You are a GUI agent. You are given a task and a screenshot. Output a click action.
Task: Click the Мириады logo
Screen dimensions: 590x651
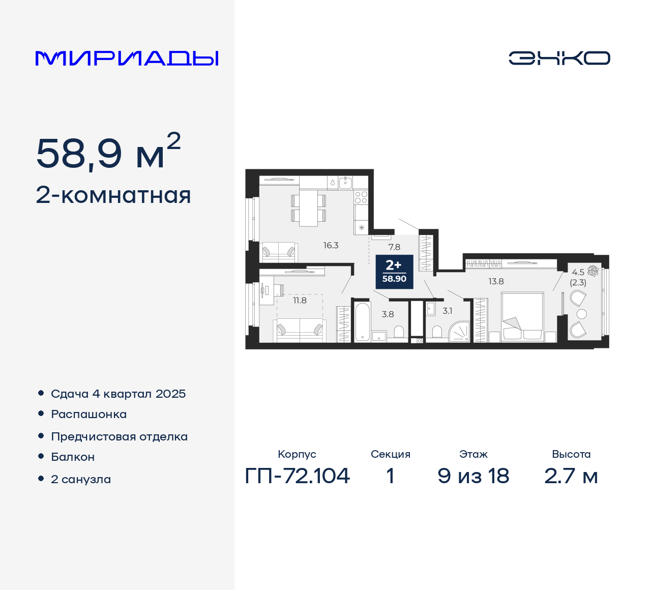(x=127, y=58)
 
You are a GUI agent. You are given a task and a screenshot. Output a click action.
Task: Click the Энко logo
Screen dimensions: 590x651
(x=559, y=58)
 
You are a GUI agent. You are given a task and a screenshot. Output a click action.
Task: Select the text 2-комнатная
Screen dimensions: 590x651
(x=113, y=195)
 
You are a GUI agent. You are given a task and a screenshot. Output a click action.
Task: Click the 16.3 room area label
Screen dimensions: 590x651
(x=331, y=246)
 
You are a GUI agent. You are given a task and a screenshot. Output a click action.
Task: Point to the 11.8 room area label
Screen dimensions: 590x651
(x=300, y=301)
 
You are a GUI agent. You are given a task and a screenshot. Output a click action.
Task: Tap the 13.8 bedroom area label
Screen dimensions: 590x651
(x=496, y=281)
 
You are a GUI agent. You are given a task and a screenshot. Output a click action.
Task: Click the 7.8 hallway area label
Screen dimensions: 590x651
(x=394, y=247)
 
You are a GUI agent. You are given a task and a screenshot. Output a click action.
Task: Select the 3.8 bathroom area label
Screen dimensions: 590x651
(x=388, y=314)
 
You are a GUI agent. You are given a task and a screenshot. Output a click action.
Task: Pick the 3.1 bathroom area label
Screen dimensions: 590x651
(x=447, y=311)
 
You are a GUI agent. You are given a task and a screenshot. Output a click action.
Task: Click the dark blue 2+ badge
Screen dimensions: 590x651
(x=394, y=271)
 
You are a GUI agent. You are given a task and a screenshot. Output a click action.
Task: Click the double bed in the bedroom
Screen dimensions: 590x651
(x=522, y=316)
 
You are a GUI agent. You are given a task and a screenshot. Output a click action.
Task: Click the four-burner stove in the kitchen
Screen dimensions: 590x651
(x=361, y=197)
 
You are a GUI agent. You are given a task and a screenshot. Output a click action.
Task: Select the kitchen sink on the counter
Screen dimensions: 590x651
(x=346, y=182)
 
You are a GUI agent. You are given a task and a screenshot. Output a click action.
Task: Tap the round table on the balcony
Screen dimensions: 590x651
(x=582, y=314)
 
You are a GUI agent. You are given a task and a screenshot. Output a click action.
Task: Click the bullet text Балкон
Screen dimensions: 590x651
(x=73, y=457)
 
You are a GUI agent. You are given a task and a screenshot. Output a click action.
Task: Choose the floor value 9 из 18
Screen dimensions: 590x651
(x=473, y=476)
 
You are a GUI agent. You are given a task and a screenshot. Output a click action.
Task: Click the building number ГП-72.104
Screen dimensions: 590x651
(x=298, y=476)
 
